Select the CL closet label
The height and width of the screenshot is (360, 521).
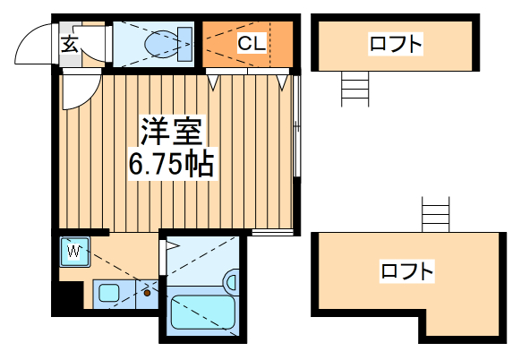[x=250, y=43]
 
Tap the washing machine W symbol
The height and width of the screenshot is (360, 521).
[x=74, y=252]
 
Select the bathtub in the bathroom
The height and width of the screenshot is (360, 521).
[x=201, y=313]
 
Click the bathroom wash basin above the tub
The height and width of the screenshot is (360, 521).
[x=231, y=283]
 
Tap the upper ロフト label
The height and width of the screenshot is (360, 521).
[x=395, y=43]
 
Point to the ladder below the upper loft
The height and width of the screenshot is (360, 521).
[x=354, y=88]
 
